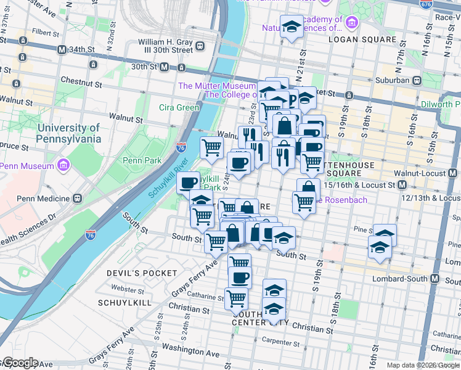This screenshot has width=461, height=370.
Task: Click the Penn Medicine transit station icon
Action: click(x=78, y=199)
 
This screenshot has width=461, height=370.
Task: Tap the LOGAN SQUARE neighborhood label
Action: click(x=362, y=39)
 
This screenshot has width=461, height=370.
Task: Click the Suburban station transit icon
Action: click(x=417, y=80)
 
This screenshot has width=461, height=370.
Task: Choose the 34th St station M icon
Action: click(x=61, y=49)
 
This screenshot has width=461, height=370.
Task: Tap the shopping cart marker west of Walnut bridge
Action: click(x=212, y=147)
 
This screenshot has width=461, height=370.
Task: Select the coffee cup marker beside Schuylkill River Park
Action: click(x=188, y=182)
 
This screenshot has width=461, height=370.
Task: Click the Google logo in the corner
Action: click(x=20, y=363)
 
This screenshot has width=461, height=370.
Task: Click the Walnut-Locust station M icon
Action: click(x=402, y=184)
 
